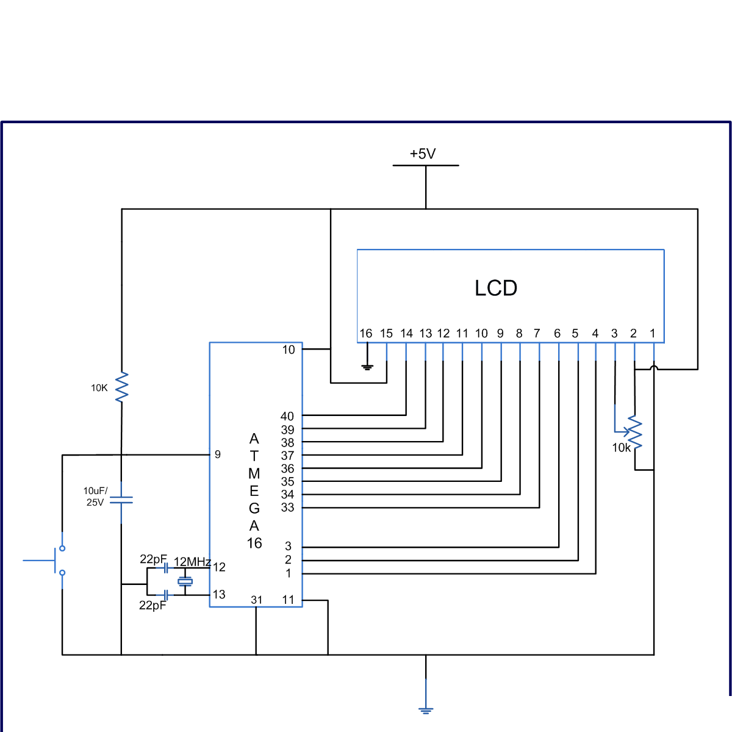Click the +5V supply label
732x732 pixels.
coord(423,154)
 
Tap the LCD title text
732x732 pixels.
coord(496,288)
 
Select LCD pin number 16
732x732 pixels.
coord(365,333)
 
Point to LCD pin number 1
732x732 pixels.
coord(652,333)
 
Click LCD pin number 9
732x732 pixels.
coord(500,333)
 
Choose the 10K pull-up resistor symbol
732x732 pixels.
coord(121,387)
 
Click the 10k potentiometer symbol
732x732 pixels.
coord(634,432)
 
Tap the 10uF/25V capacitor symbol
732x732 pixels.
coord(121,500)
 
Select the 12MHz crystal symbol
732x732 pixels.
coord(185,581)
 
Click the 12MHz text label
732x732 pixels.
coord(192,562)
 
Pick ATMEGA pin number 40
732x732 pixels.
coord(287,416)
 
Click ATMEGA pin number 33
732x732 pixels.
coord(287,507)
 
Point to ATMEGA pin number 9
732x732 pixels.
coord(218,454)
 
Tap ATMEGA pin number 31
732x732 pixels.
coord(257,600)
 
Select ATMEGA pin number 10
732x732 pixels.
coord(289,350)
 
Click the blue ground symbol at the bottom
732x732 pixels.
coord(426,709)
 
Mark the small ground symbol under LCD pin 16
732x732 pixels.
coord(367,367)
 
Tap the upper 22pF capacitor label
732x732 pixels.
coord(152,559)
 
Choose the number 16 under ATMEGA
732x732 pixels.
coord(254,543)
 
